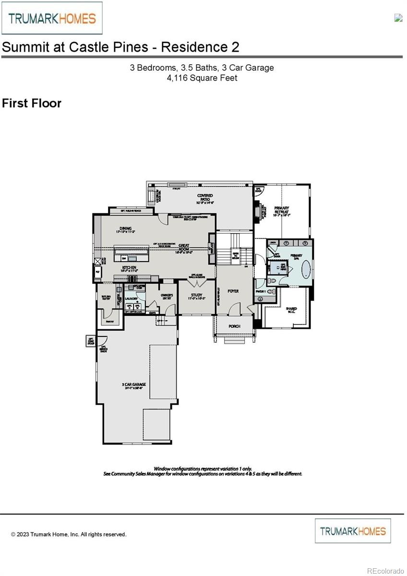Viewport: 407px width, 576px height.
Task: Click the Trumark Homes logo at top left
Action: [52, 18]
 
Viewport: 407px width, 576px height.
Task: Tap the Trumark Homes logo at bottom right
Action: [353, 531]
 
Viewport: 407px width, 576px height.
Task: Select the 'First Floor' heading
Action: [32, 103]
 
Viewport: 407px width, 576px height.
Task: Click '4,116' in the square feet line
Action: [177, 78]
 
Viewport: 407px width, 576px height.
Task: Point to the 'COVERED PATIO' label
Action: [205, 198]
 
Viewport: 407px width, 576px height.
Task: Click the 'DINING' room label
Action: [126, 229]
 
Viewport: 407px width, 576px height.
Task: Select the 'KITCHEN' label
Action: [129, 268]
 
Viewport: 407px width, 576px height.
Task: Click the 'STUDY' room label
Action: [196, 296]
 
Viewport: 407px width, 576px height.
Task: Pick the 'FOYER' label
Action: [233, 291]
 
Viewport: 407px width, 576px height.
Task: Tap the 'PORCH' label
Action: [234, 326]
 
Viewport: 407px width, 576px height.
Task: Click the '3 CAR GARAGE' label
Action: [134, 385]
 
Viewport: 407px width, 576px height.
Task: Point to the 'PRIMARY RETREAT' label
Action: [281, 210]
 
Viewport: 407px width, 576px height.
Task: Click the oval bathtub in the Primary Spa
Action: [305, 270]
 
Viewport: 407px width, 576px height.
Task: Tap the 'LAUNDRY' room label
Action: [131, 298]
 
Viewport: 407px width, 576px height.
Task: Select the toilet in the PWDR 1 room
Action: [270, 291]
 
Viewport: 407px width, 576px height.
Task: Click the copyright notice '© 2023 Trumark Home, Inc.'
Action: [69, 534]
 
